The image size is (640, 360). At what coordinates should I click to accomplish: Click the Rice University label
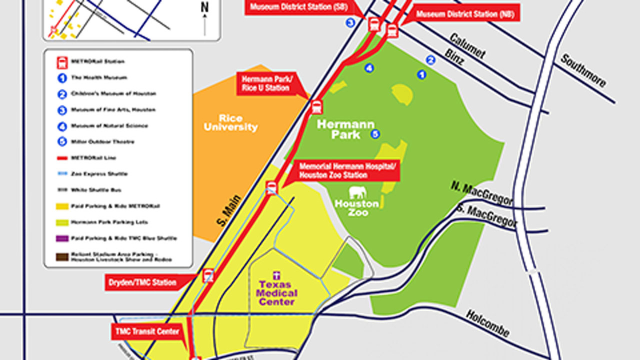230,123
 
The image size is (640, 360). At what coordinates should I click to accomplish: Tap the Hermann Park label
346,129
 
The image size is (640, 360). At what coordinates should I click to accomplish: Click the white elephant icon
358,193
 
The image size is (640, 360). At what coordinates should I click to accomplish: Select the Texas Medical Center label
277,293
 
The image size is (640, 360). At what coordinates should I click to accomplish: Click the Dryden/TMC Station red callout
142,282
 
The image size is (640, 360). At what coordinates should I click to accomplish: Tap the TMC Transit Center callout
147,332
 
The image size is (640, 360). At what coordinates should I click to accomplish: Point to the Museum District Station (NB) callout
465,14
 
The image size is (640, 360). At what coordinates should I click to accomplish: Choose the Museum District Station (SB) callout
298,7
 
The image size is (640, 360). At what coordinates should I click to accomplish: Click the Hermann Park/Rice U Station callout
266,84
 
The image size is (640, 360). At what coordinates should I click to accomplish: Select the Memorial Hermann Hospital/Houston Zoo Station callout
347,171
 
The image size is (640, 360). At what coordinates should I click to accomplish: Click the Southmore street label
583,71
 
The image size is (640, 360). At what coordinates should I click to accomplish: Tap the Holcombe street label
488,324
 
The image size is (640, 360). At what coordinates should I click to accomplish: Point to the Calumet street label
467,46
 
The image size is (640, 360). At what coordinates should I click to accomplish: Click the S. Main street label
229,210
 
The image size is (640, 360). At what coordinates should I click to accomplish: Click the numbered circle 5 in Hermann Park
375,134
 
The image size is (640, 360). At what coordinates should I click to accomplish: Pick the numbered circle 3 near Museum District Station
350,23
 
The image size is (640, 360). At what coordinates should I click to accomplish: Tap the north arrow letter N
205,7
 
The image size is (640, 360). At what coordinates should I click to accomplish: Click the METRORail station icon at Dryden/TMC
208,276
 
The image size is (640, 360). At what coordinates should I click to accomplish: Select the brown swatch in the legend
62,257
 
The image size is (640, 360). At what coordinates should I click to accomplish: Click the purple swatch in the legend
62,238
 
